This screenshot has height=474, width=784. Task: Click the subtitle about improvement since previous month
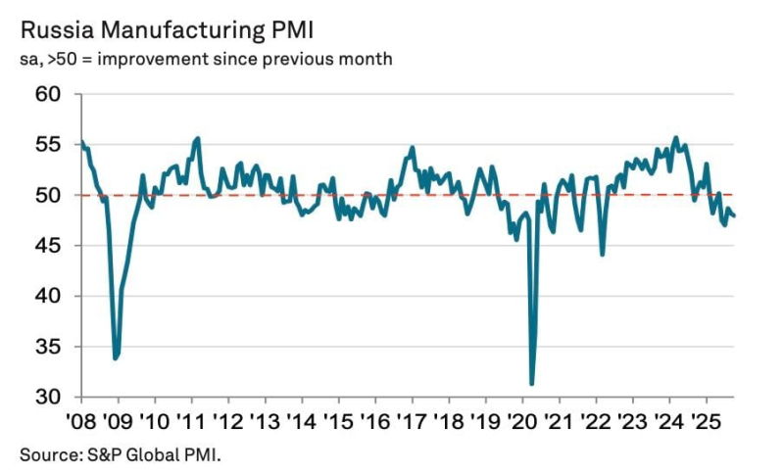click(206, 60)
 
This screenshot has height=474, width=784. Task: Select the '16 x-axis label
click(374, 423)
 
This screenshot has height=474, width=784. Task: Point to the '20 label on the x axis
click(520, 423)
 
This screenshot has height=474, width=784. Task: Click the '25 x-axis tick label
click(704, 423)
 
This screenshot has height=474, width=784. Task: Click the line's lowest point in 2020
click(532, 384)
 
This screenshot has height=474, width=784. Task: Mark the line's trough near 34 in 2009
click(116, 358)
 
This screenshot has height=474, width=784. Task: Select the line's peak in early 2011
click(198, 138)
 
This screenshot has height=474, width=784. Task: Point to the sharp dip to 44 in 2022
click(602, 255)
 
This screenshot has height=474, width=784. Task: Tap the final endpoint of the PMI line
click(735, 216)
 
